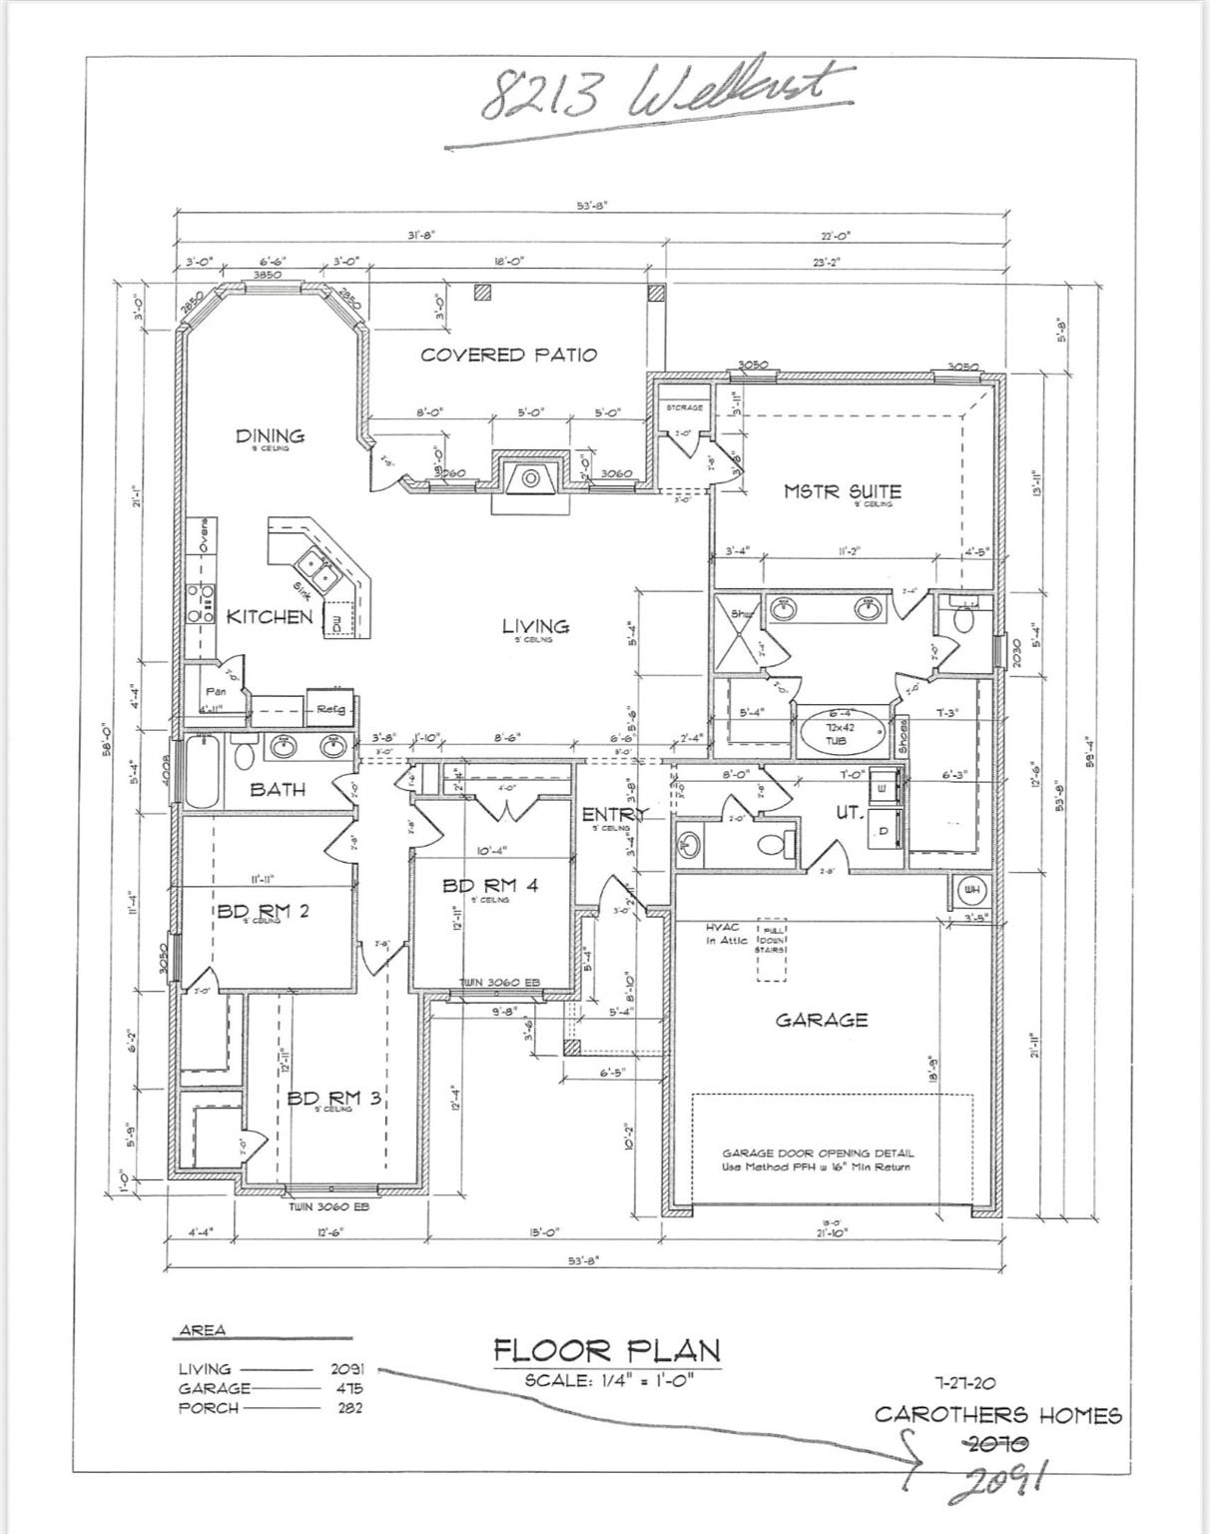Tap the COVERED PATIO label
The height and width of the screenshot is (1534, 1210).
tap(508, 355)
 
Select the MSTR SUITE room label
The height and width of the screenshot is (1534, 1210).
tap(842, 490)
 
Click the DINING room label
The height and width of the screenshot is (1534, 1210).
tap(270, 435)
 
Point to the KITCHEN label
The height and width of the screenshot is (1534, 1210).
tap(269, 616)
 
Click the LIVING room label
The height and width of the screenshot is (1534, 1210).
tap(535, 626)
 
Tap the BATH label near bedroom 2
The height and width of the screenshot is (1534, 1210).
tap(278, 789)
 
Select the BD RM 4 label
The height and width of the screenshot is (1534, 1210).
tap(490, 885)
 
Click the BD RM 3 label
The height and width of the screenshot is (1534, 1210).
tap(333, 1098)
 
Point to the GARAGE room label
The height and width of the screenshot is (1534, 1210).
tap(822, 1020)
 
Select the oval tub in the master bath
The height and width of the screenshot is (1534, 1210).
tap(843, 735)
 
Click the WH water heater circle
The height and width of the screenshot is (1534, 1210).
tap(970, 889)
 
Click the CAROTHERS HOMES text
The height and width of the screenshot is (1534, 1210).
tap(997, 1414)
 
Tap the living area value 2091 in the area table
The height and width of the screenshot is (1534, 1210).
tap(346, 1368)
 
